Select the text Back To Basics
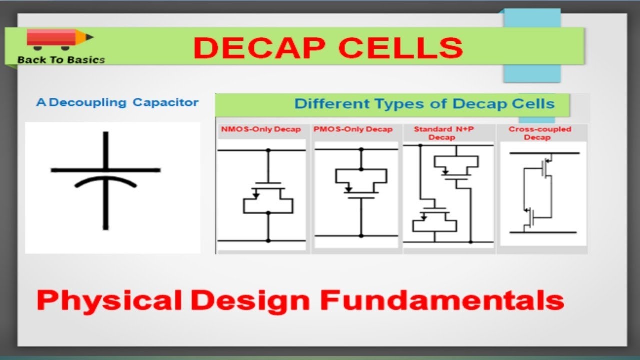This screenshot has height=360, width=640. click(61, 60)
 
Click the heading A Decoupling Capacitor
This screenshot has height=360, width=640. click(117, 103)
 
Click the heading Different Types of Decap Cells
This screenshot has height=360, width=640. click(424, 104)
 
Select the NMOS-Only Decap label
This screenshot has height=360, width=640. click(261, 130)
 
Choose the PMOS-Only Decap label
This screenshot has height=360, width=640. click(353, 130)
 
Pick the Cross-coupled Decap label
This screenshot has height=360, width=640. click(540, 133)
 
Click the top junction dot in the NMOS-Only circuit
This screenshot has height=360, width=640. click(268, 150)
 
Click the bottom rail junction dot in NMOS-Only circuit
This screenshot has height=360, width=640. click(268, 241)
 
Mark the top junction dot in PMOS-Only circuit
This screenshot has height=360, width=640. click(361, 149)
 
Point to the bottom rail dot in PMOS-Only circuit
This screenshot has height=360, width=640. click(361, 236)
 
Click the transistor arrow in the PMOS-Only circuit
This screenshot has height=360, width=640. click(349, 189)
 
